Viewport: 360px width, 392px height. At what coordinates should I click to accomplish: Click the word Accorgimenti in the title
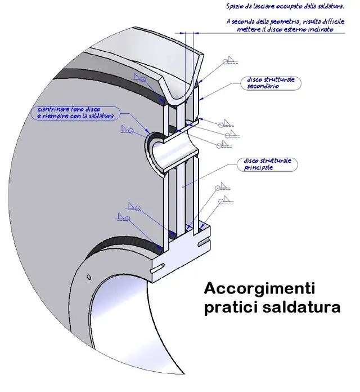pos(259,289)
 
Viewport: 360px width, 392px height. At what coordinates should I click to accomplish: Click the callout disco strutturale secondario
pos(271,83)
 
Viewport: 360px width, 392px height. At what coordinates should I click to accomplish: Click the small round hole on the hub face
pos(89,275)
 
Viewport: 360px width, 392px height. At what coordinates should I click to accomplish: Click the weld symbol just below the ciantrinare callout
pos(128,130)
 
